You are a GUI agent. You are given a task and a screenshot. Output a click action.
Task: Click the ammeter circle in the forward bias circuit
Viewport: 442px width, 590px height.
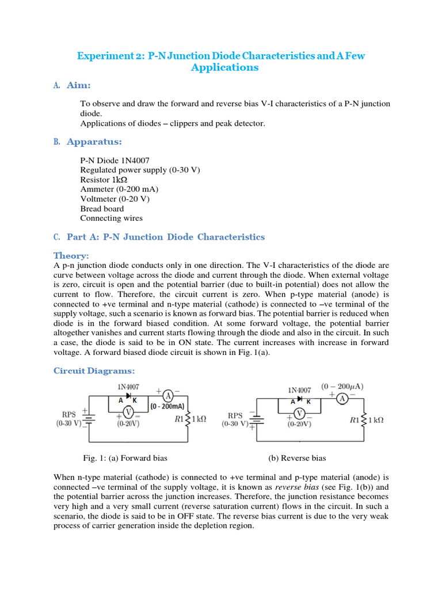pyautogui.click(x=167, y=395)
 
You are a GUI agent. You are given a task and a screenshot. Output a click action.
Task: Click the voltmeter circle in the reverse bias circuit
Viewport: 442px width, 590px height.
pyautogui.click(x=299, y=413)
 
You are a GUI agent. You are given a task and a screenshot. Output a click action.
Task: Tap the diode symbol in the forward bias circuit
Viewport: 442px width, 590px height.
pyautogui.click(x=128, y=395)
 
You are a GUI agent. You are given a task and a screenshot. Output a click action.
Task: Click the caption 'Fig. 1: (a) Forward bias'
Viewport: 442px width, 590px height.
pyautogui.click(x=125, y=458)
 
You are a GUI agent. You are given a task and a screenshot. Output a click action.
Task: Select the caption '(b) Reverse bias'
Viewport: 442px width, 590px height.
pyautogui.click(x=297, y=458)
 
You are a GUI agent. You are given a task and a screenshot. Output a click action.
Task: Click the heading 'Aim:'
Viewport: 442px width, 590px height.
pyautogui.click(x=78, y=85)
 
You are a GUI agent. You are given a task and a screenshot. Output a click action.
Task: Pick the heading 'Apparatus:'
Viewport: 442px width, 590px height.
pyautogui.click(x=94, y=142)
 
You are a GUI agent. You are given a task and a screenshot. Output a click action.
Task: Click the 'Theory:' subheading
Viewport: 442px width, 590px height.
pyautogui.click(x=71, y=255)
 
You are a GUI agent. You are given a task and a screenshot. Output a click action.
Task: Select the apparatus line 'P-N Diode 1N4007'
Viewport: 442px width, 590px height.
pyautogui.click(x=115, y=160)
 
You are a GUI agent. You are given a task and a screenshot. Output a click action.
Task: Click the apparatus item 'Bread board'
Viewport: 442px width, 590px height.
pyautogui.click(x=102, y=209)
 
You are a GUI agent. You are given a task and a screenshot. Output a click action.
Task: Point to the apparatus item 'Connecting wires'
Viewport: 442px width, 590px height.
pyautogui.click(x=112, y=218)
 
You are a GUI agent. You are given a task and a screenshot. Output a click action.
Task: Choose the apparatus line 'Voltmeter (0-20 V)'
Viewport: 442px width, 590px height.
pyautogui.click(x=115, y=199)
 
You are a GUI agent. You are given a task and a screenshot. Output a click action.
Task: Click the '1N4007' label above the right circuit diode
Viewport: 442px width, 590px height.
pyautogui.click(x=300, y=390)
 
